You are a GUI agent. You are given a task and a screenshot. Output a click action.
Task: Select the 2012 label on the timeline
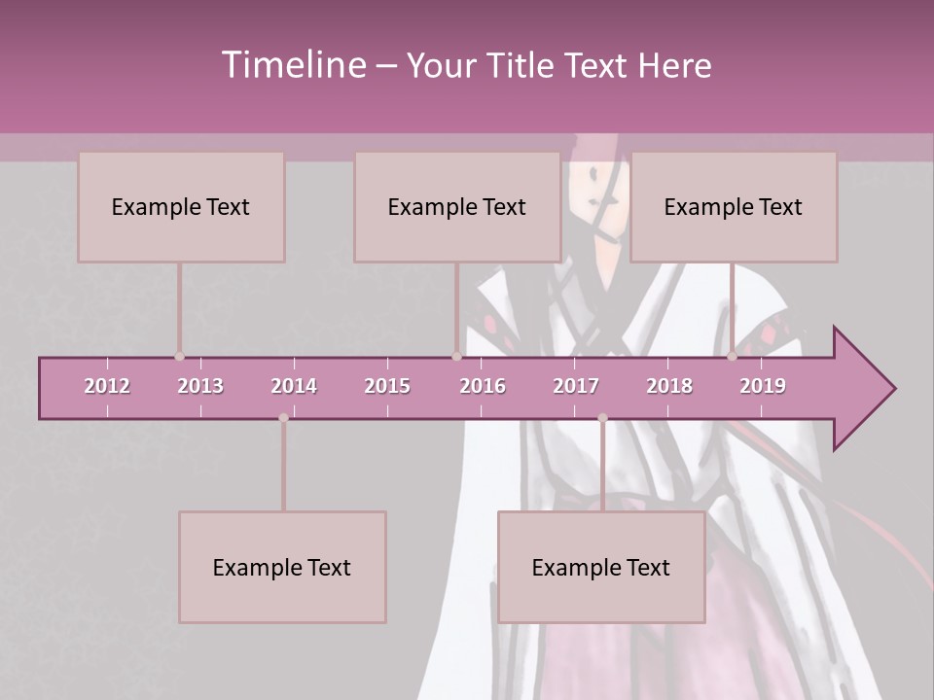coord(107,386)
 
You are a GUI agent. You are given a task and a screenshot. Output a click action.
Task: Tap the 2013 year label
coord(200,386)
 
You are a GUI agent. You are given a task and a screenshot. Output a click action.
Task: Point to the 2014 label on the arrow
coord(294,386)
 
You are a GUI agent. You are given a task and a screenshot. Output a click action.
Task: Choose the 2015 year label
coord(387,386)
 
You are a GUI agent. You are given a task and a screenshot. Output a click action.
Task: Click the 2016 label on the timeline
coord(483,386)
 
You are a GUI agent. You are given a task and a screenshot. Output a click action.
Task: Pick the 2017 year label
coord(576,386)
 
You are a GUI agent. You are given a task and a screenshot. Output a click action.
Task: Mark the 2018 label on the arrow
coord(669,386)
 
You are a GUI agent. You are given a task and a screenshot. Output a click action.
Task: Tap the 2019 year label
coord(763,386)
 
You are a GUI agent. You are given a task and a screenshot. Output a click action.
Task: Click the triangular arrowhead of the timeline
coord(862,389)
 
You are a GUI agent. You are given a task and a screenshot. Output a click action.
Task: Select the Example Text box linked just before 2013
coord(181,207)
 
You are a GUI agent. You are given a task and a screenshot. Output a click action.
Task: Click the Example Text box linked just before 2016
coord(457,207)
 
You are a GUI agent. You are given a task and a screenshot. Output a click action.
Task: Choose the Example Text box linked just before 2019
coord(734,207)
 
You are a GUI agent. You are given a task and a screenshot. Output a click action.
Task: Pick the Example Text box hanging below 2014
coord(282,568)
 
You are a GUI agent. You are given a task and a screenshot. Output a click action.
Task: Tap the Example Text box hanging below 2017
coord(601,568)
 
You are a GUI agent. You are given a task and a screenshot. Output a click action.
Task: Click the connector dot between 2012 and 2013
coord(179,357)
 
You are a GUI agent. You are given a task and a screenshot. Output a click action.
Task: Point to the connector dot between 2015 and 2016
coord(456,357)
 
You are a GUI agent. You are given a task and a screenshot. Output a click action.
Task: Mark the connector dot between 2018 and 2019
coord(733,357)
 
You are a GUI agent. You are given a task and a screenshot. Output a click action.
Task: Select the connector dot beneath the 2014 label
coord(283,418)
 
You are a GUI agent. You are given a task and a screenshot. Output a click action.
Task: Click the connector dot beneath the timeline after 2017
coord(602,418)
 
